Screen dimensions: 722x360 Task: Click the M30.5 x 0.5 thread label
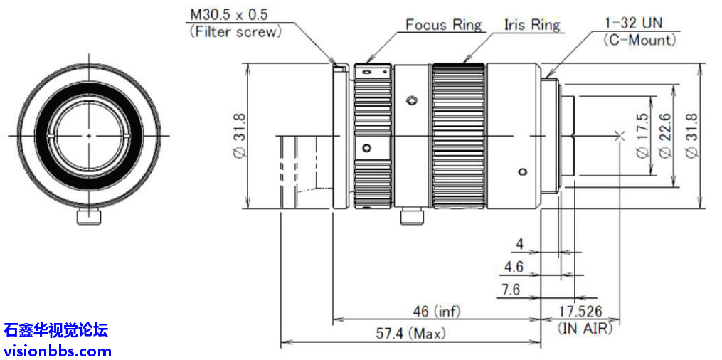click(x=229, y=14)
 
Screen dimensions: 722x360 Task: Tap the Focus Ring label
click(x=443, y=24)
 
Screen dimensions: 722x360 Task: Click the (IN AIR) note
click(x=584, y=329)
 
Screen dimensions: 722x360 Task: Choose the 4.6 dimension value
click(x=514, y=267)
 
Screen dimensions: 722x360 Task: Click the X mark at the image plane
click(x=620, y=136)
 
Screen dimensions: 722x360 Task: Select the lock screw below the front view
click(x=89, y=216)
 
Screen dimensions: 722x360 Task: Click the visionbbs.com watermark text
click(x=58, y=351)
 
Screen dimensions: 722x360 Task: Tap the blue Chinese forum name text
click(x=55, y=330)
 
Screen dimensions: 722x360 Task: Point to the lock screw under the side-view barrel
click(x=411, y=216)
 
